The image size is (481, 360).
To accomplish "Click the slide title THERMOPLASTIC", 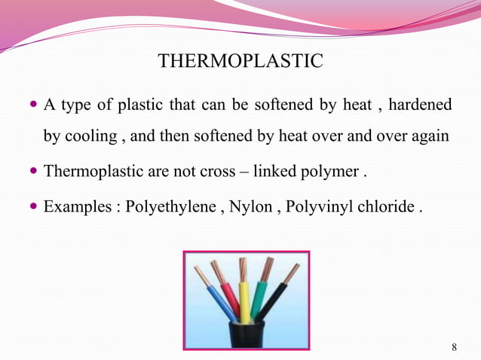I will point(240,59).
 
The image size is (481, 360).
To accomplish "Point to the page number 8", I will point(453,346).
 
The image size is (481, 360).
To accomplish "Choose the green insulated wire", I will point(259,298).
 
